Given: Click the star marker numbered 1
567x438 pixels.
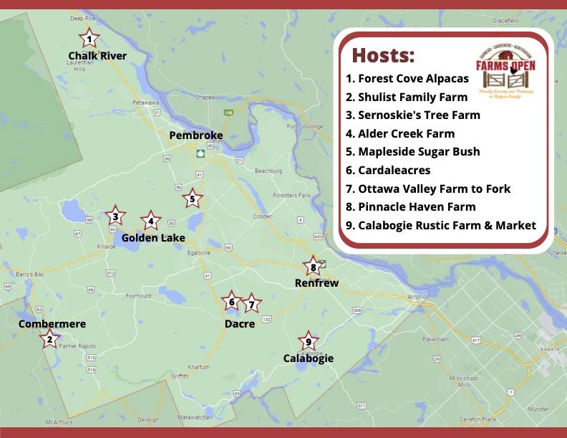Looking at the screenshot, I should tap(89, 38).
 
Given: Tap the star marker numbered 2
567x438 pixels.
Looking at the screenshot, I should tap(49, 339).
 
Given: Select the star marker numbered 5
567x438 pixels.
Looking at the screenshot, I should tap(192, 199).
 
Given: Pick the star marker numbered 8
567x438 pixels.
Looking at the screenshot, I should tap(313, 267).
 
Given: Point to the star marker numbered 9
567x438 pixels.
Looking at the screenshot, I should tap(308, 342).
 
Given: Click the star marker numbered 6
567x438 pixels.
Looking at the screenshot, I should tap(231, 302).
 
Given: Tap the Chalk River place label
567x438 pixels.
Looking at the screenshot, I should tap(97, 56).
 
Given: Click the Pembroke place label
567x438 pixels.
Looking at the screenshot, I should tap(196, 135).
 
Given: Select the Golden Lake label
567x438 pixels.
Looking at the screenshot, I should tap(153, 237).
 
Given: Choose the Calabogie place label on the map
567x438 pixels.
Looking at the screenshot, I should tap(308, 358).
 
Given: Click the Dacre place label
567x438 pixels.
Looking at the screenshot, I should tap(239, 324).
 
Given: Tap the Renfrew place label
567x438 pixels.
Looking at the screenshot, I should tap(316, 283).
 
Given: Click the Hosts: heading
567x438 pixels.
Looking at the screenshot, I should tap(383, 55).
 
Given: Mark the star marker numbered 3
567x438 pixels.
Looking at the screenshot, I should tap(115, 215).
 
